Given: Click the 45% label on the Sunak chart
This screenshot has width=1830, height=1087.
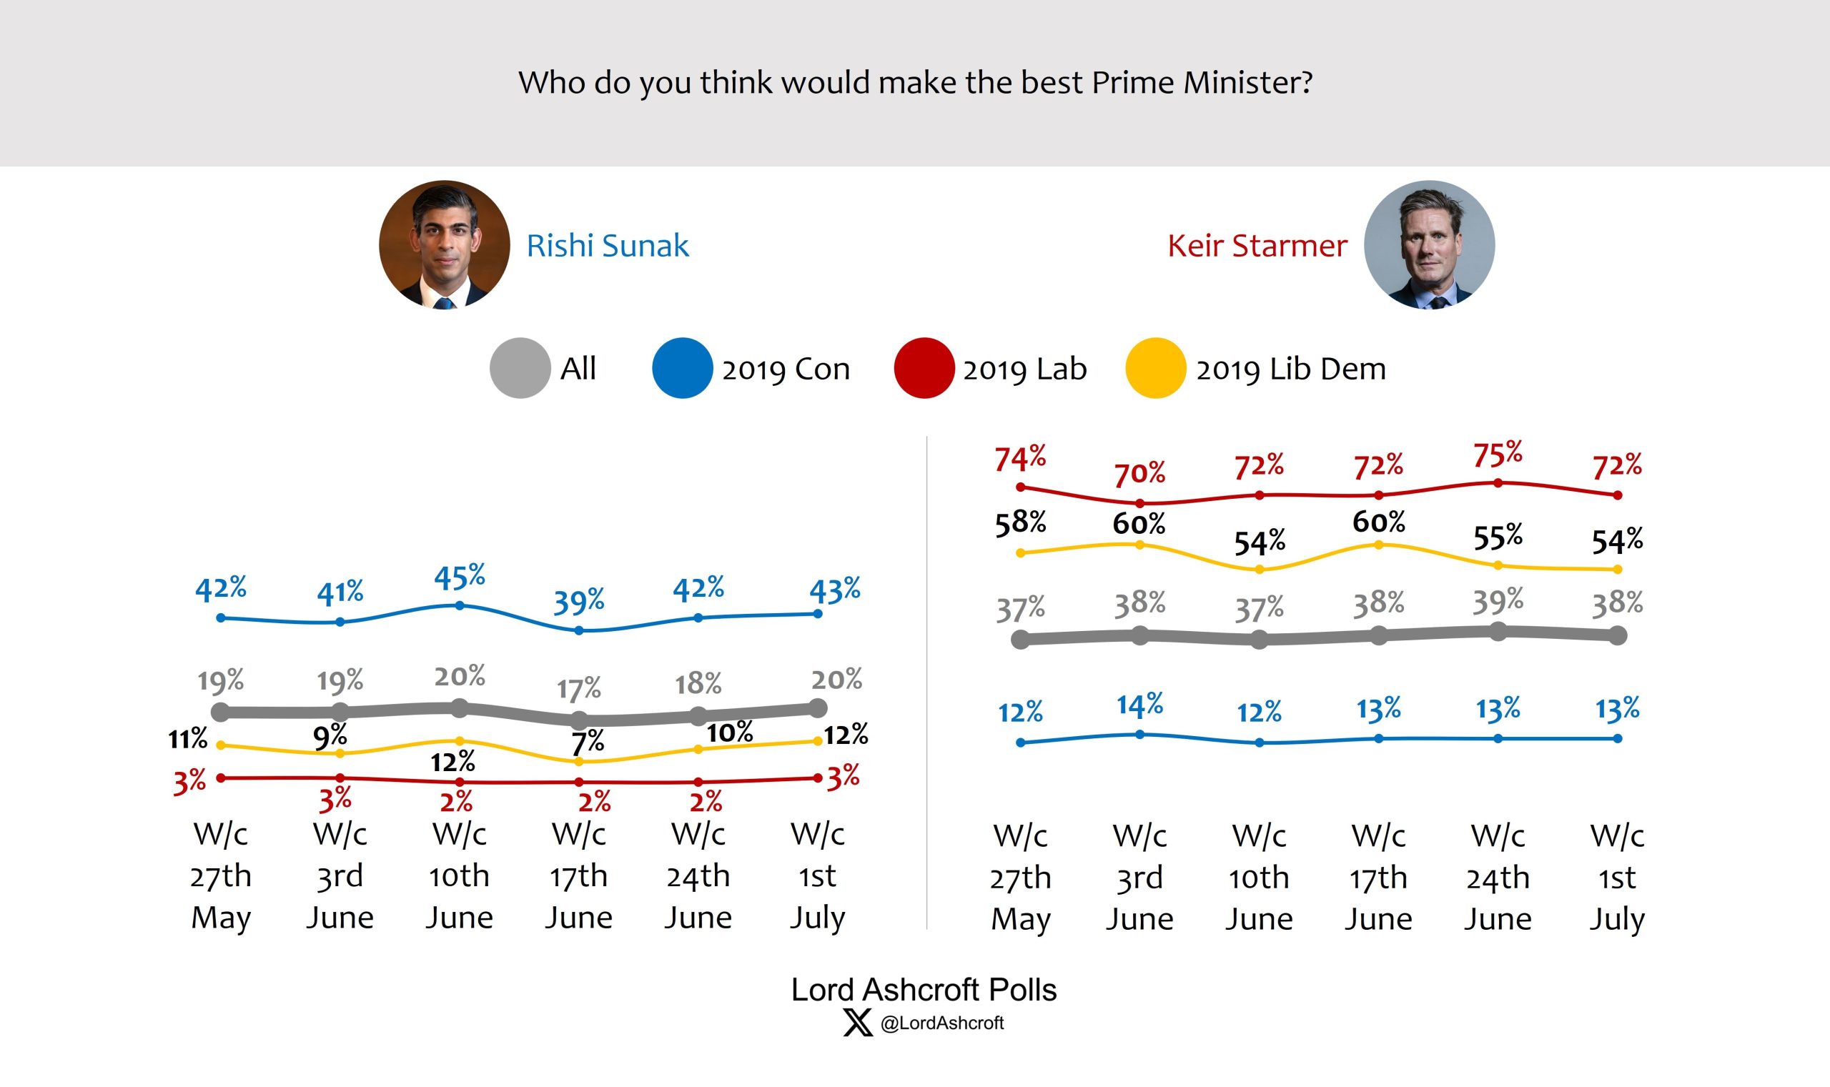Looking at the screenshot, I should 460,578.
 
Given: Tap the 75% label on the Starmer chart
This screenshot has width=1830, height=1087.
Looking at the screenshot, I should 1498,455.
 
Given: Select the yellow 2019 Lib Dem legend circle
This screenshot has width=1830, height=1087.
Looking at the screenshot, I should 1155,368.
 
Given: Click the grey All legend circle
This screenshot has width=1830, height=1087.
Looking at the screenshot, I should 520,368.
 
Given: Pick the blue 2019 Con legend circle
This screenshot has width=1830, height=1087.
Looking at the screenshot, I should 682,368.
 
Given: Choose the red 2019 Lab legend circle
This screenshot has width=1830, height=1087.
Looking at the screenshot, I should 924,368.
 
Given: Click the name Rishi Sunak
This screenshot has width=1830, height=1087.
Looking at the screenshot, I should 608,245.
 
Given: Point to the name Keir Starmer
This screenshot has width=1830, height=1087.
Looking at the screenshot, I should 1257,245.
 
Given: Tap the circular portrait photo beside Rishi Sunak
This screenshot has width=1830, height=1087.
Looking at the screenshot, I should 444,244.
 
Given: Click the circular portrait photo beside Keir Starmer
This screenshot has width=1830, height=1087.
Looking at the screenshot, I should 1428,244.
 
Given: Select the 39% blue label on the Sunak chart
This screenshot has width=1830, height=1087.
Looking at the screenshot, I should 579,602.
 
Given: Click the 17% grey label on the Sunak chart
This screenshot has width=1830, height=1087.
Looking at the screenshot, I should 579,689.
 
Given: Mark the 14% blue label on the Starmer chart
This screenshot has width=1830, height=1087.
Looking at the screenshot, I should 1139,705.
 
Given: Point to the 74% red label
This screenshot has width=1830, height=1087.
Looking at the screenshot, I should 1020,459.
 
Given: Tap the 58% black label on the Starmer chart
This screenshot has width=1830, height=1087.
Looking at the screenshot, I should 1020,524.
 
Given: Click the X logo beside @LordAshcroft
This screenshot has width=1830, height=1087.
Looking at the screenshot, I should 857,1023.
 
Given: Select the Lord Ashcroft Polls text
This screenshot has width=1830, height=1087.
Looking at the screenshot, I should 923,990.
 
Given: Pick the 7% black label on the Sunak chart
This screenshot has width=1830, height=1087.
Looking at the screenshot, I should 588,743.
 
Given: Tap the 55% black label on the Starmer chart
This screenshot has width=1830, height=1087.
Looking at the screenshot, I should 1498,537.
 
